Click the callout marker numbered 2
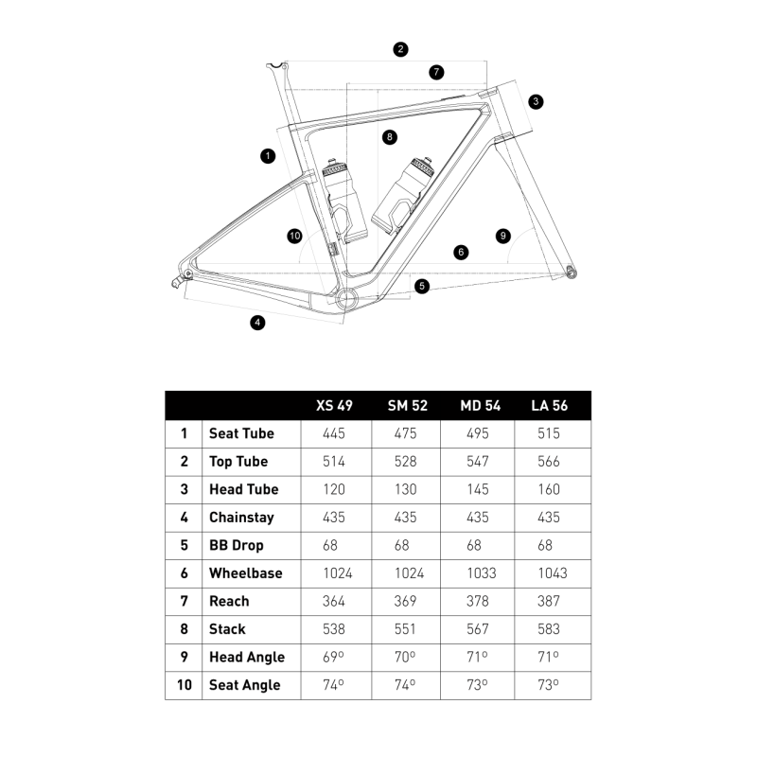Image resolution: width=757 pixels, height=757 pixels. pyautogui.click(x=400, y=49)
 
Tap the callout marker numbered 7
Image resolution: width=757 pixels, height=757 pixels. pyautogui.click(x=436, y=73)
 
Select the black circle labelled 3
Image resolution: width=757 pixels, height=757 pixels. pyautogui.click(x=536, y=102)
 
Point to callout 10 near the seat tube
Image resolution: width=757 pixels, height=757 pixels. pyautogui.click(x=294, y=236)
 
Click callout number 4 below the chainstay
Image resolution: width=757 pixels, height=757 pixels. pyautogui.click(x=257, y=323)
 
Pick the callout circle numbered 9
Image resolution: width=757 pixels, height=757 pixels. pyautogui.click(x=503, y=236)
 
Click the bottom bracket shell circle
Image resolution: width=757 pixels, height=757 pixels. pyautogui.click(x=347, y=299)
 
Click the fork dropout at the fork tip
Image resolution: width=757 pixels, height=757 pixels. pyautogui.click(x=572, y=272)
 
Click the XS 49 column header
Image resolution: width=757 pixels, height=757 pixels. pyautogui.click(x=334, y=406)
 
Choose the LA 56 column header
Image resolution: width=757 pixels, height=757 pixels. pyautogui.click(x=550, y=406)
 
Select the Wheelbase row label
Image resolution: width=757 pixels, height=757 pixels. pyautogui.click(x=246, y=573)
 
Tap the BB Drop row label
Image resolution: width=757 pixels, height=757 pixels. pyautogui.click(x=237, y=546)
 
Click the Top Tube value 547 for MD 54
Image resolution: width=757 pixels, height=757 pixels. pyautogui.click(x=478, y=462)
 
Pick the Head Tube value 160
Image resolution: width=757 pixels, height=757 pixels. pyautogui.click(x=549, y=489)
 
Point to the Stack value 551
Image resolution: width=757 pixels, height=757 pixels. pyautogui.click(x=405, y=629)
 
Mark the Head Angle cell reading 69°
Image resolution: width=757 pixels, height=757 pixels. pyautogui.click(x=333, y=657)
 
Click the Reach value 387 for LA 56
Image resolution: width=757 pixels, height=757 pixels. pyautogui.click(x=549, y=601)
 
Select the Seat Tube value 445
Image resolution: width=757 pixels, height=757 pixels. pyautogui.click(x=334, y=433)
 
